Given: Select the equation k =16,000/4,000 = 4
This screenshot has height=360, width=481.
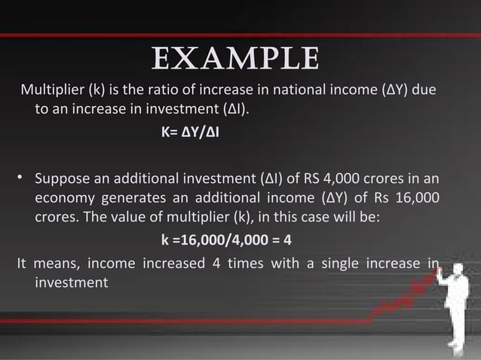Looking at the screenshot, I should pyautogui.click(x=226, y=242).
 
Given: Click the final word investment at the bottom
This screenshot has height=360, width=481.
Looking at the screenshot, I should pyautogui.click(x=72, y=282).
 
